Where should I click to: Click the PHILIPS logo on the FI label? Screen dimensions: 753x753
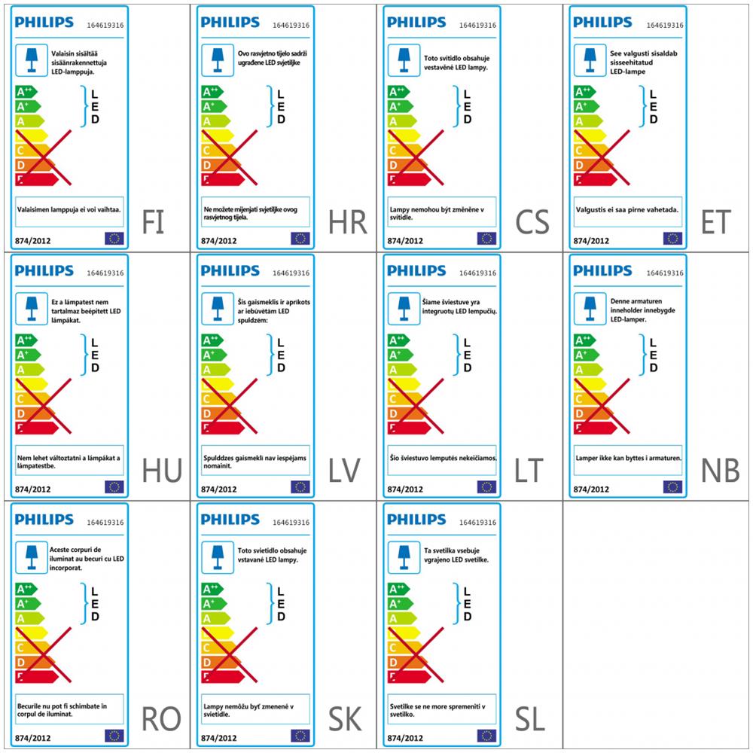tap(44, 22)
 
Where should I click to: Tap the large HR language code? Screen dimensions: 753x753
tap(347, 223)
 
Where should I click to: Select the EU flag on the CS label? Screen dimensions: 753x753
tap(486, 239)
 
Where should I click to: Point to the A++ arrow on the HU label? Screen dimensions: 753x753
tap(26, 340)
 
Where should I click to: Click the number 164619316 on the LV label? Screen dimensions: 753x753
tap(291, 273)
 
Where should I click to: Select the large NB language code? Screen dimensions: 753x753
tap(720, 471)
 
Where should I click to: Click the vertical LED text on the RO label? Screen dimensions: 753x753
tap(95, 604)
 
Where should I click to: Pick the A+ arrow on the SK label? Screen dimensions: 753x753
tap(214, 604)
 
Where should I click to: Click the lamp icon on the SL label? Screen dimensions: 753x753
tap(404, 557)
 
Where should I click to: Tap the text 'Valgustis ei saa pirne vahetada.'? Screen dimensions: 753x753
tap(627, 211)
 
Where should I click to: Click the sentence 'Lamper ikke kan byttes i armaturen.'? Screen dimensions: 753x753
tap(627, 458)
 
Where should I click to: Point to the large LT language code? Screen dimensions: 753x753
tap(529, 471)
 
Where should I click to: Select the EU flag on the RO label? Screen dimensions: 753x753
tap(114, 736)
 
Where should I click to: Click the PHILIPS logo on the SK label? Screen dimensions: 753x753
tap(230, 520)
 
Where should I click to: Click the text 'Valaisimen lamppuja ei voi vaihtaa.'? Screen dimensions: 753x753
tap(69, 211)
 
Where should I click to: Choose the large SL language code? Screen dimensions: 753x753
tap(530, 720)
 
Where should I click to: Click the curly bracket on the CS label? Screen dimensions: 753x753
tap(456, 106)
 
